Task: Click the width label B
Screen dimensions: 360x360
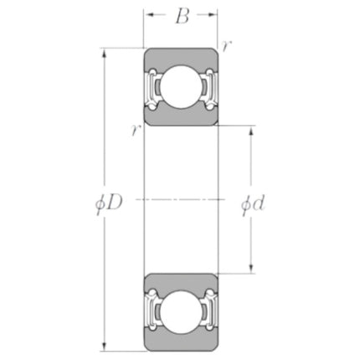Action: [182, 17]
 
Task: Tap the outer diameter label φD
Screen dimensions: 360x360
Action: [109, 204]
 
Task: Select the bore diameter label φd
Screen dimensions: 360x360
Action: [253, 204]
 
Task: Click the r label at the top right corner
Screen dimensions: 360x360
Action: [226, 46]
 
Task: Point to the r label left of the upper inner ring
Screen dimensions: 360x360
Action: [136, 131]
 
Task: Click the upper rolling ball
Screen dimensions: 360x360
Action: [181, 87]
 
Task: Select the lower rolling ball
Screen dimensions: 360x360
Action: [181, 311]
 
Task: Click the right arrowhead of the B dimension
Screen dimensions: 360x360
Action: [211, 15]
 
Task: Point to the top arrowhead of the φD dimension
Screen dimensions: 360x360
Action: [105, 54]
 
